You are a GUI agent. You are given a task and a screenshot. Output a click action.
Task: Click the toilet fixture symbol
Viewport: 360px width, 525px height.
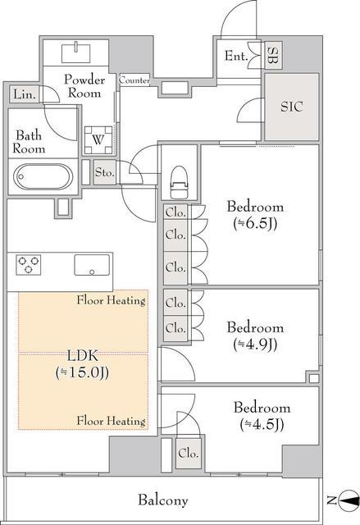pos(178,182)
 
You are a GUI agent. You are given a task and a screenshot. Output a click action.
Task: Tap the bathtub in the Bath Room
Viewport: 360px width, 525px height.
pos(43,176)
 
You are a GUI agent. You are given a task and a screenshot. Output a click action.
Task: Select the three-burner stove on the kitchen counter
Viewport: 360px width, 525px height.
pos(29,265)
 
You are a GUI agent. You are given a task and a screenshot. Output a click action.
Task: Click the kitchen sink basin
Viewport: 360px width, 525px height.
pos(92,265)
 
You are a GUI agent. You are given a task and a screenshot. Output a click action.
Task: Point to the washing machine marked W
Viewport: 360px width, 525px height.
pos(98,139)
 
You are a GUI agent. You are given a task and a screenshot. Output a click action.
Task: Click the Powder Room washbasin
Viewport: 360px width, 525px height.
pos(76,52)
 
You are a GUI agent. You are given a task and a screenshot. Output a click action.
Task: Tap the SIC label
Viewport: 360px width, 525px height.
pos(291,107)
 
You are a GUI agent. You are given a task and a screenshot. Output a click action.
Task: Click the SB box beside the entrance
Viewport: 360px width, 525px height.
pos(273,55)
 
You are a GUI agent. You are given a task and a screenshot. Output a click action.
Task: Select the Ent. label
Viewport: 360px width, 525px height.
pos(236,56)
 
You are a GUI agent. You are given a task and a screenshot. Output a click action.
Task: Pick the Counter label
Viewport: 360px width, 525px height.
pos(134,80)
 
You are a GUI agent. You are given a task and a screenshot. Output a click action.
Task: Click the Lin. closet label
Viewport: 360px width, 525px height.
pos(25,94)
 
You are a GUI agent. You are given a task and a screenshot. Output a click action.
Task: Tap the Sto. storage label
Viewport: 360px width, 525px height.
pos(105,172)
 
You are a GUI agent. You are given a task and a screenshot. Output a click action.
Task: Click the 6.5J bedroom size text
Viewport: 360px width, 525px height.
pos(255,224)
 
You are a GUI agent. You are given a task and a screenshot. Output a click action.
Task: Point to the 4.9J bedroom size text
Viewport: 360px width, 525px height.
pos(255,344)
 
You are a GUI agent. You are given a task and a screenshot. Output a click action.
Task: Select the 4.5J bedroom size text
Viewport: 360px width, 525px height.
pos(262,424)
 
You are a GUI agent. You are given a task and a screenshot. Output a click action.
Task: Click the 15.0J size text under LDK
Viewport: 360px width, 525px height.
pos(82,372)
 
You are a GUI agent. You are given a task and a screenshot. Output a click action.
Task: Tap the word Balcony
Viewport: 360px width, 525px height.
pos(163,500)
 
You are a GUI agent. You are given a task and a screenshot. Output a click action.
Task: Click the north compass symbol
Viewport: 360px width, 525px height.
pos(348,501)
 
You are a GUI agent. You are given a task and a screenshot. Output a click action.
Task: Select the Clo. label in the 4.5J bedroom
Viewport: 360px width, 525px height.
pos(189,454)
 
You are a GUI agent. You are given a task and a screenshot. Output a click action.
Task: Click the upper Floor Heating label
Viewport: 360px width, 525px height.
pos(111,300)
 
